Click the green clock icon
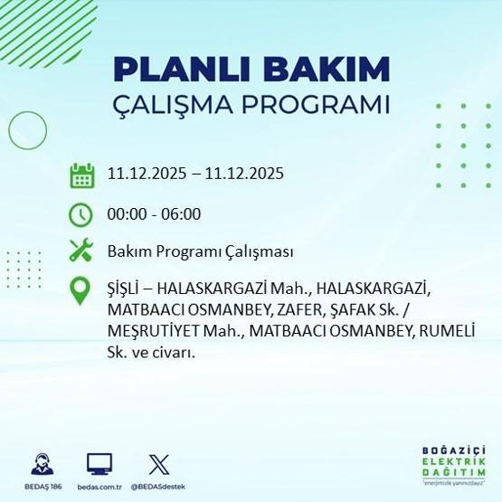pos(82,214)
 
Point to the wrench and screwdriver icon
pos(82,251)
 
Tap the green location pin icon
pos(82,289)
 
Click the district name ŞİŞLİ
pos(128,289)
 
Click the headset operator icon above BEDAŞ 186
pos(40,463)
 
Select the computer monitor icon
pos(99,463)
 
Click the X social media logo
pos(157,463)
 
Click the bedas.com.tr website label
pos(99,487)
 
